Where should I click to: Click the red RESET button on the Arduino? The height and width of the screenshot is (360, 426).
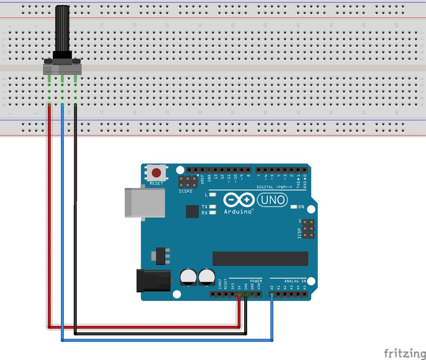pos(158,172)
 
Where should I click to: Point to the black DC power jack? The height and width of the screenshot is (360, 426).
pos(153,280)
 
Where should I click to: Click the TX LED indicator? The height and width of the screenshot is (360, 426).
pos(212,207)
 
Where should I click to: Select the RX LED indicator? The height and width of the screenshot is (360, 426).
pos(212,213)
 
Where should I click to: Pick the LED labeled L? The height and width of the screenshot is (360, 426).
pos(212,195)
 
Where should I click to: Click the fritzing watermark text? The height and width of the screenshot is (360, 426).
pos(403,353)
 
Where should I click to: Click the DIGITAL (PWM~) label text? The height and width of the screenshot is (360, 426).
pos(275,187)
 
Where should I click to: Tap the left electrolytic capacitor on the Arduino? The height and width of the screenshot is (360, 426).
pos(189,278)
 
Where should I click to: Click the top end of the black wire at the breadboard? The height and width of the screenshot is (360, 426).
pos(75,105)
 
